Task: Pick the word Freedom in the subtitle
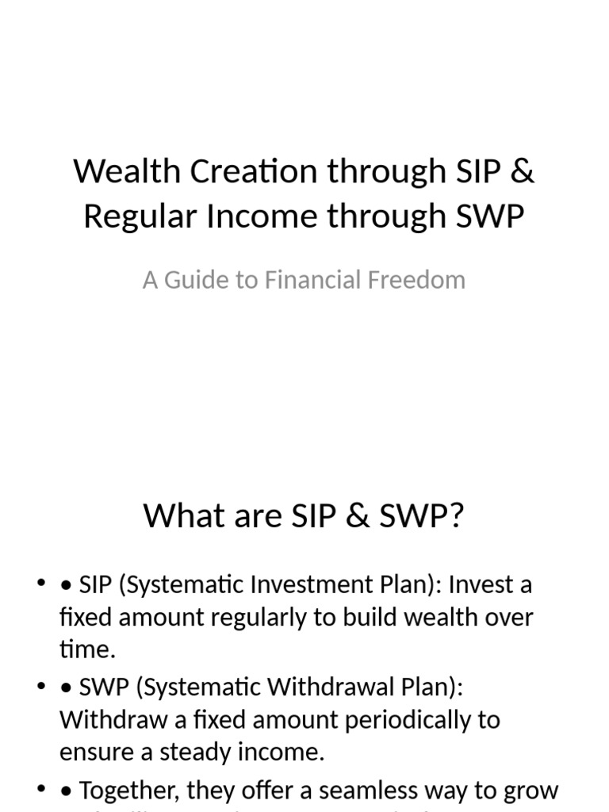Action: (423, 280)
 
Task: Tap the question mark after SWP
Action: (455, 516)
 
